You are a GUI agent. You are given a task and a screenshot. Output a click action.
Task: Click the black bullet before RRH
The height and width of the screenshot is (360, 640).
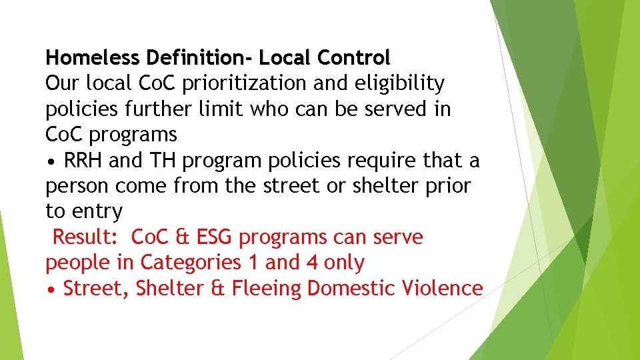51,161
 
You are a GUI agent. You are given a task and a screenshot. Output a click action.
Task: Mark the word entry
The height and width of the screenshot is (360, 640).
99,213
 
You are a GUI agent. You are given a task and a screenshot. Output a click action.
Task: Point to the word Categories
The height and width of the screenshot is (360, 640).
191,263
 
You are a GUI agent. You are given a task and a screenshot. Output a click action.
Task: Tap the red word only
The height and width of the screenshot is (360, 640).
344,263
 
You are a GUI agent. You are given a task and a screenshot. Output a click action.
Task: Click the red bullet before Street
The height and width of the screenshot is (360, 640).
51,289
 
